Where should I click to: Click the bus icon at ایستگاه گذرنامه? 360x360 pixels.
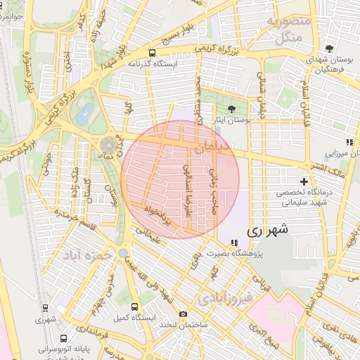coord(153,53)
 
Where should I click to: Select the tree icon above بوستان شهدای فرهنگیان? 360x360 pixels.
coord(329,49)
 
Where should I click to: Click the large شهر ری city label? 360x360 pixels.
coord(269,230)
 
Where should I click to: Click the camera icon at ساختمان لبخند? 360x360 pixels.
coord(183,314)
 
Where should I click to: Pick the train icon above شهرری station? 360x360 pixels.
coord(45,308)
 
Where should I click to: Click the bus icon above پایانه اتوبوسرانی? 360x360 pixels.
coord(65,339)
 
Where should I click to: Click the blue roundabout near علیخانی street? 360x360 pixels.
coord(124,252)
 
